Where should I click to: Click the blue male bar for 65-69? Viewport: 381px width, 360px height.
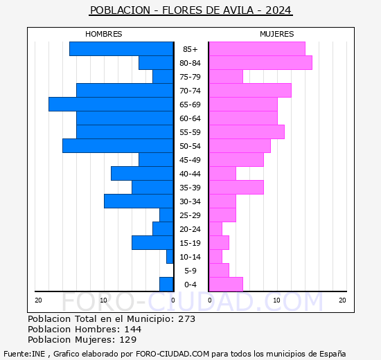coord(111,104)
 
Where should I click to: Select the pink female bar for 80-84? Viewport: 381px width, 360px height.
coord(260,62)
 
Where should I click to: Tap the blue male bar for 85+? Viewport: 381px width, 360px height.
coord(121,48)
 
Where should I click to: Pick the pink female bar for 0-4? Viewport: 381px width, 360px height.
coord(225,284)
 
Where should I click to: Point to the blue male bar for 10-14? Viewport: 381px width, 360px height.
coord(170,256)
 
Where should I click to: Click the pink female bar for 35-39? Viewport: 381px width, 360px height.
coord(236,187)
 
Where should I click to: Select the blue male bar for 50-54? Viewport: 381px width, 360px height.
coord(118,145)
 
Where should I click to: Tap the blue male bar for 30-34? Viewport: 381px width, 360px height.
coord(139,201)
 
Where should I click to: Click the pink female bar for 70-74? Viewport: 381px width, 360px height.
coord(249,90)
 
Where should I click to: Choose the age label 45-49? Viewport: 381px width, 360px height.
coord(190,160)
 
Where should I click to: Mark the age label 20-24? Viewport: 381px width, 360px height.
coord(190,229)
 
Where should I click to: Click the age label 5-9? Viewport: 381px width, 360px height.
coord(190,271)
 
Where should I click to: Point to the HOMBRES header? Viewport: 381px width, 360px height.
coord(103,34)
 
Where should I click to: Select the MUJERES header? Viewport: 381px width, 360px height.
coord(276,34)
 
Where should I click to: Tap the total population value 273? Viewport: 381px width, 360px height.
coord(186,319)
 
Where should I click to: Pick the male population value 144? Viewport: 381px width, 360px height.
coord(132,330)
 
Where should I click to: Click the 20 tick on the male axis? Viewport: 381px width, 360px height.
coord(38,300)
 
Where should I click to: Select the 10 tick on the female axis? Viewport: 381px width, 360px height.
coord(276,300)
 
